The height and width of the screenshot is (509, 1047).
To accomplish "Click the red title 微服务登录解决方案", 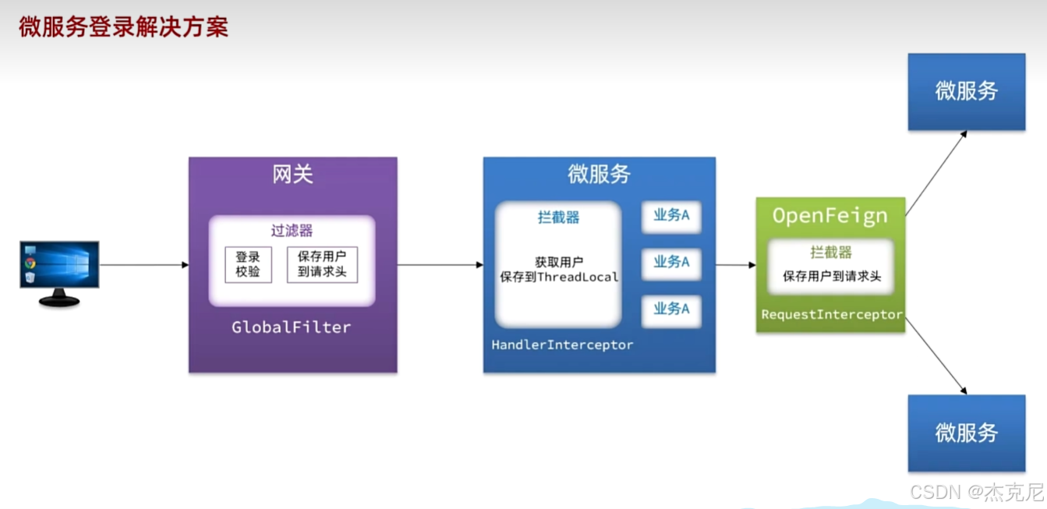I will (123, 27).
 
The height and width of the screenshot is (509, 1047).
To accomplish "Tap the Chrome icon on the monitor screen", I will (30, 263).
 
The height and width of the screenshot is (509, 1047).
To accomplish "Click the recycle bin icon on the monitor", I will (30, 277).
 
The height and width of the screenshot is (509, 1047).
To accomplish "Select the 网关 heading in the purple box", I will (292, 175).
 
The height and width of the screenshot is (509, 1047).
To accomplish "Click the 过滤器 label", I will (292, 231).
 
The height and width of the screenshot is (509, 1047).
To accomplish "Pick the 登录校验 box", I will (248, 264).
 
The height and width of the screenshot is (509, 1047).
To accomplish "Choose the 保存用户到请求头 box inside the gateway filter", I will (322, 264).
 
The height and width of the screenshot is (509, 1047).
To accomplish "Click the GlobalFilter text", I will (292, 327).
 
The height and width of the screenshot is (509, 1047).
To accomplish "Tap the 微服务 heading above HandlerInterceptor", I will (599, 175).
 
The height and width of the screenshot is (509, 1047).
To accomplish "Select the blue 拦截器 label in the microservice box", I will (558, 217).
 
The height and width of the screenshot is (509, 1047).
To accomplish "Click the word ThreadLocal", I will (578, 277).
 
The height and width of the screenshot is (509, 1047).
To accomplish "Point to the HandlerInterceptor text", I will (562, 345).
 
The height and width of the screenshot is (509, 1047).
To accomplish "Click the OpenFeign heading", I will (830, 216).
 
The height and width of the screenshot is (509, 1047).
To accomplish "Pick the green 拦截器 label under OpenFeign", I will (830, 253).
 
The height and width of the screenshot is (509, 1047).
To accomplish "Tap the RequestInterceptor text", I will (832, 315).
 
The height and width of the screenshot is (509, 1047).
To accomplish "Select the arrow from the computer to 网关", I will (144, 265).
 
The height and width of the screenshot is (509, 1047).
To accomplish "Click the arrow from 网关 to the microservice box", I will (440, 265).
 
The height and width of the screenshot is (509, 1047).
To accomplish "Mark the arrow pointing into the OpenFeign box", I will (736, 265).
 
